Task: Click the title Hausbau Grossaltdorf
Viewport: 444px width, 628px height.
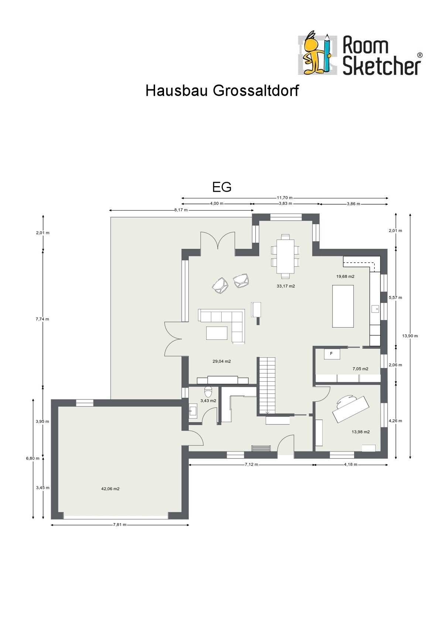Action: pyautogui.click(x=222, y=91)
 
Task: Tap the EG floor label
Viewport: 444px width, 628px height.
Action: pyautogui.click(x=222, y=187)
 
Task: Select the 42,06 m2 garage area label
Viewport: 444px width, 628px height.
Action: pyautogui.click(x=110, y=489)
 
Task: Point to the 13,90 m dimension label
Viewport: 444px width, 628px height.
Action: pyautogui.click(x=410, y=335)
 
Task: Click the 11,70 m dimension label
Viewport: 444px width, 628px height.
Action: pyautogui.click(x=285, y=198)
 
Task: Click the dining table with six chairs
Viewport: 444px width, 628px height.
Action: pyautogui.click(x=285, y=256)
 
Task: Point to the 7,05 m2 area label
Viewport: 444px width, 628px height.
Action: pyautogui.click(x=361, y=369)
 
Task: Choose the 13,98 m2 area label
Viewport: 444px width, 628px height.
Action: pyautogui.click(x=361, y=432)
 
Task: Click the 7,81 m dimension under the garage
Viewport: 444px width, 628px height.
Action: pyautogui.click(x=120, y=525)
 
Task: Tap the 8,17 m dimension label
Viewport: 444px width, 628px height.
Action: pyautogui.click(x=181, y=210)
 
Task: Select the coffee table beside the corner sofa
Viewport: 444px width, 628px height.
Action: pyautogui.click(x=217, y=333)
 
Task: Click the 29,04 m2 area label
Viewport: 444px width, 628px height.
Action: pyautogui.click(x=222, y=361)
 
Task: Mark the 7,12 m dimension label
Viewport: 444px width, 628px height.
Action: pyautogui.click(x=251, y=464)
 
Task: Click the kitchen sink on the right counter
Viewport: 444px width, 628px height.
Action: pyautogui.click(x=375, y=309)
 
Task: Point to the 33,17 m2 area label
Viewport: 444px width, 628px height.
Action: pyautogui.click(x=286, y=286)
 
